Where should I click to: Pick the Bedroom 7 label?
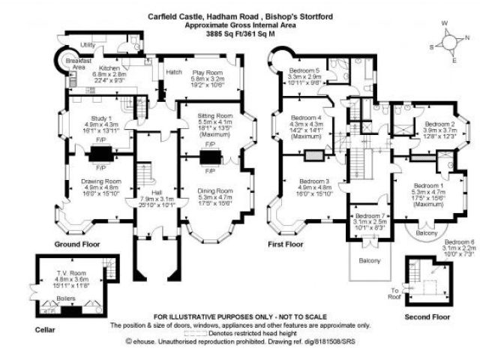click(369, 216)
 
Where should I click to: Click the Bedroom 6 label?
click(459, 241)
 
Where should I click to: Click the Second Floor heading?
click(425, 316)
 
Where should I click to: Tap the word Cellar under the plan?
click(45, 328)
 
